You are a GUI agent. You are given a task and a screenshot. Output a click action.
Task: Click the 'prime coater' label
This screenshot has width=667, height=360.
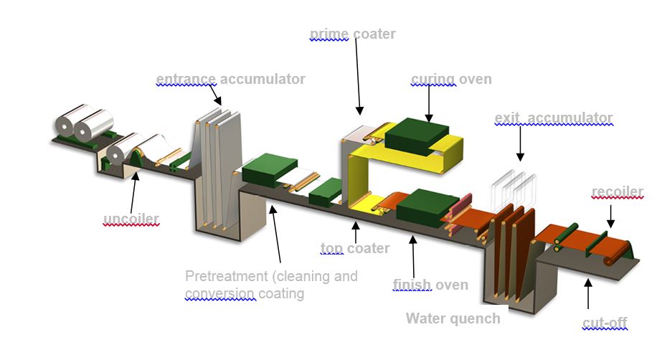click(x=352, y=34)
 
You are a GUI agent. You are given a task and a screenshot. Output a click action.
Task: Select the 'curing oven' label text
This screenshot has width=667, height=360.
click(x=451, y=79)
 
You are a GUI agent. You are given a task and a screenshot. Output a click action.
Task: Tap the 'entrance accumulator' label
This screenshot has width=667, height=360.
click(x=230, y=79)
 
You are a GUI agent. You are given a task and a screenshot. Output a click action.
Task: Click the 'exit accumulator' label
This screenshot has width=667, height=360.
click(x=553, y=118)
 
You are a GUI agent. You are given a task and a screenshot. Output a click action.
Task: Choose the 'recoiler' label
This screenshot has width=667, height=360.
click(x=617, y=191)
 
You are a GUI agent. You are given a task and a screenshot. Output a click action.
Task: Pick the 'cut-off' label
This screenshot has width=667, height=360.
click(x=605, y=325)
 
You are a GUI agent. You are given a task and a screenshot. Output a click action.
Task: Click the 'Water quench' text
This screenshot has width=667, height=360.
click(x=453, y=318)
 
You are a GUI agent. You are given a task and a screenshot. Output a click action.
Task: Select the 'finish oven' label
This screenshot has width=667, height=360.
click(x=430, y=285)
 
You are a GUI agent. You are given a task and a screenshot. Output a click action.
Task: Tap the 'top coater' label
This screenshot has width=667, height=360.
click(x=354, y=249)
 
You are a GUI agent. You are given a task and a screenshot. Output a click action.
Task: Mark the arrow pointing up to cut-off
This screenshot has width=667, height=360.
click(x=588, y=293)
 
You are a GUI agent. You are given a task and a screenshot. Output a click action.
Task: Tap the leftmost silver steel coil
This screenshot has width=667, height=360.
click(x=69, y=125)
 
